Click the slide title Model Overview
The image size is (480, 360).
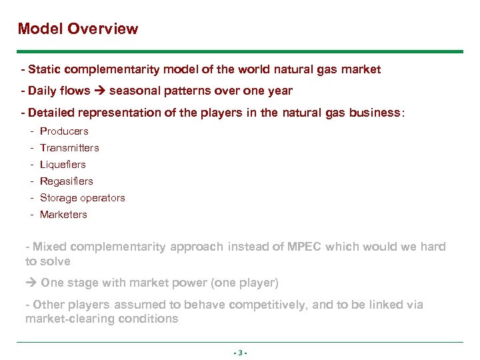[x=78, y=29]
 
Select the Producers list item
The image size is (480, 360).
[x=64, y=131]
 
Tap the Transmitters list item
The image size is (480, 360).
[x=69, y=148]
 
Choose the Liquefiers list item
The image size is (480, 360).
[x=63, y=165]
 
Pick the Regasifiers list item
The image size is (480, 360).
[x=67, y=181]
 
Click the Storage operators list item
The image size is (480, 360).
[x=82, y=198]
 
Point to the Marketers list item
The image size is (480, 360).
[x=63, y=215]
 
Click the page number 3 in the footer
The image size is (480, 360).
[x=240, y=353]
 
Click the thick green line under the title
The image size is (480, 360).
[x=240, y=51]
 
